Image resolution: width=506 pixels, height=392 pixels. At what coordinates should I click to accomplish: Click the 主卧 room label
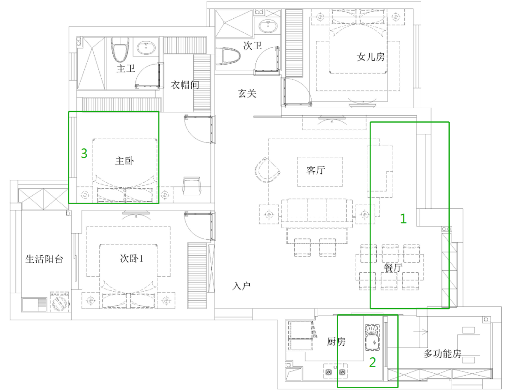125,161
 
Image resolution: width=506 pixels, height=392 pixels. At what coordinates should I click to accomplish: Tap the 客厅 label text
316,170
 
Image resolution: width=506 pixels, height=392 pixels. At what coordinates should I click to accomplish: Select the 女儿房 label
371,57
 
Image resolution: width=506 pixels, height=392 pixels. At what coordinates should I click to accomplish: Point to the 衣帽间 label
185,85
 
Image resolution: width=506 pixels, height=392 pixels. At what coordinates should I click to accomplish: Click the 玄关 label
247,94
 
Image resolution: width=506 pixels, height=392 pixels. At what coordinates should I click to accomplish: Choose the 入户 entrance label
241,286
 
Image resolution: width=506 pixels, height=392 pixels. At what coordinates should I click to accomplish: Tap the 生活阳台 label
44,259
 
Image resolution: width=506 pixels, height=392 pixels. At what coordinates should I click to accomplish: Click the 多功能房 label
442,354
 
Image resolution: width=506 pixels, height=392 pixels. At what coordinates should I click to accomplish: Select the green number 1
403,219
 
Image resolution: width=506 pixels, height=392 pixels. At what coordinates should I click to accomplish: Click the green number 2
372,362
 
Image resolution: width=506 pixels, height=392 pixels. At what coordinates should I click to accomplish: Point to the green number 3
84,153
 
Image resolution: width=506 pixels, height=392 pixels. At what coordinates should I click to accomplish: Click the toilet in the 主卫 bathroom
120,50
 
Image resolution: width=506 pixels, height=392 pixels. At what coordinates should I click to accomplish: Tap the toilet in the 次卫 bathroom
228,57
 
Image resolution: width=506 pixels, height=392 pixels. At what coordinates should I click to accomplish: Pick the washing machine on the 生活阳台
60,302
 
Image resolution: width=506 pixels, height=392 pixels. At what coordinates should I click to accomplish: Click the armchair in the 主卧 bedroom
192,185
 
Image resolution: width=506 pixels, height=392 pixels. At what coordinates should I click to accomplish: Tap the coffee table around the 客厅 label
320,171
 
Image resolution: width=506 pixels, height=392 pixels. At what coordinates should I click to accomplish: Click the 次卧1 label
132,259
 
